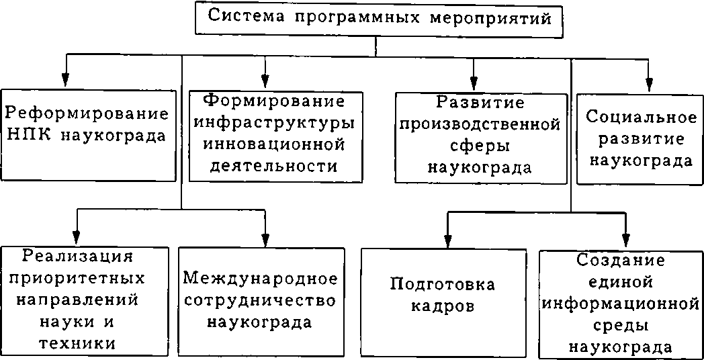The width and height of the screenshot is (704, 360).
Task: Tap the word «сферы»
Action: point(480,145)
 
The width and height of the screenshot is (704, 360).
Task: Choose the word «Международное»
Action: point(259,277)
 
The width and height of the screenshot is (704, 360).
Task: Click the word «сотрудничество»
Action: point(259,299)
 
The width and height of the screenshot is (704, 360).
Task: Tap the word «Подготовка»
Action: point(443,284)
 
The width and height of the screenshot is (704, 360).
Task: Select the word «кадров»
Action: point(443,306)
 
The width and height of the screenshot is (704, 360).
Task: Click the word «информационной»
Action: point(620,303)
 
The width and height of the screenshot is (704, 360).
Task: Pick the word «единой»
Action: point(620,281)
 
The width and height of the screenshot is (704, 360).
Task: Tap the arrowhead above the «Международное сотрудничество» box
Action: point(265,240)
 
